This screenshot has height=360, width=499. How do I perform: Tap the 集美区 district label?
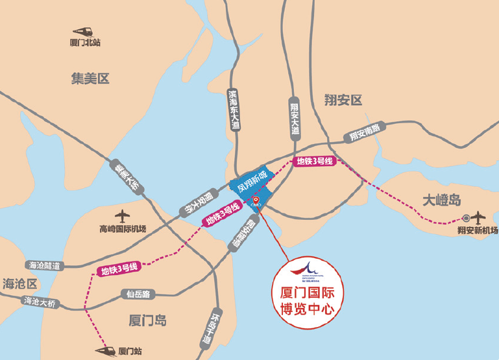click(x=90, y=78)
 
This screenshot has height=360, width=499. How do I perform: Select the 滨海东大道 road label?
click(x=234, y=110)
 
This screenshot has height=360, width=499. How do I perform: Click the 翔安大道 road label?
click(x=294, y=117)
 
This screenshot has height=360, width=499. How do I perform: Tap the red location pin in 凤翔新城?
click(x=256, y=199)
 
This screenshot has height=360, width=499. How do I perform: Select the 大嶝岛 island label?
click(x=441, y=199)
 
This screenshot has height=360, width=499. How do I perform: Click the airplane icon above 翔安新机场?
click(x=479, y=217)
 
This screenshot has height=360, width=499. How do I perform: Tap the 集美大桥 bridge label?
click(x=127, y=176)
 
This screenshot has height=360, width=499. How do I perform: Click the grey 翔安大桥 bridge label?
click(x=195, y=203)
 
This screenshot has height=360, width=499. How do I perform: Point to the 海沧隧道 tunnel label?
click(x=44, y=265)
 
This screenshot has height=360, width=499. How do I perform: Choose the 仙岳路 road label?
click(x=136, y=294)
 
